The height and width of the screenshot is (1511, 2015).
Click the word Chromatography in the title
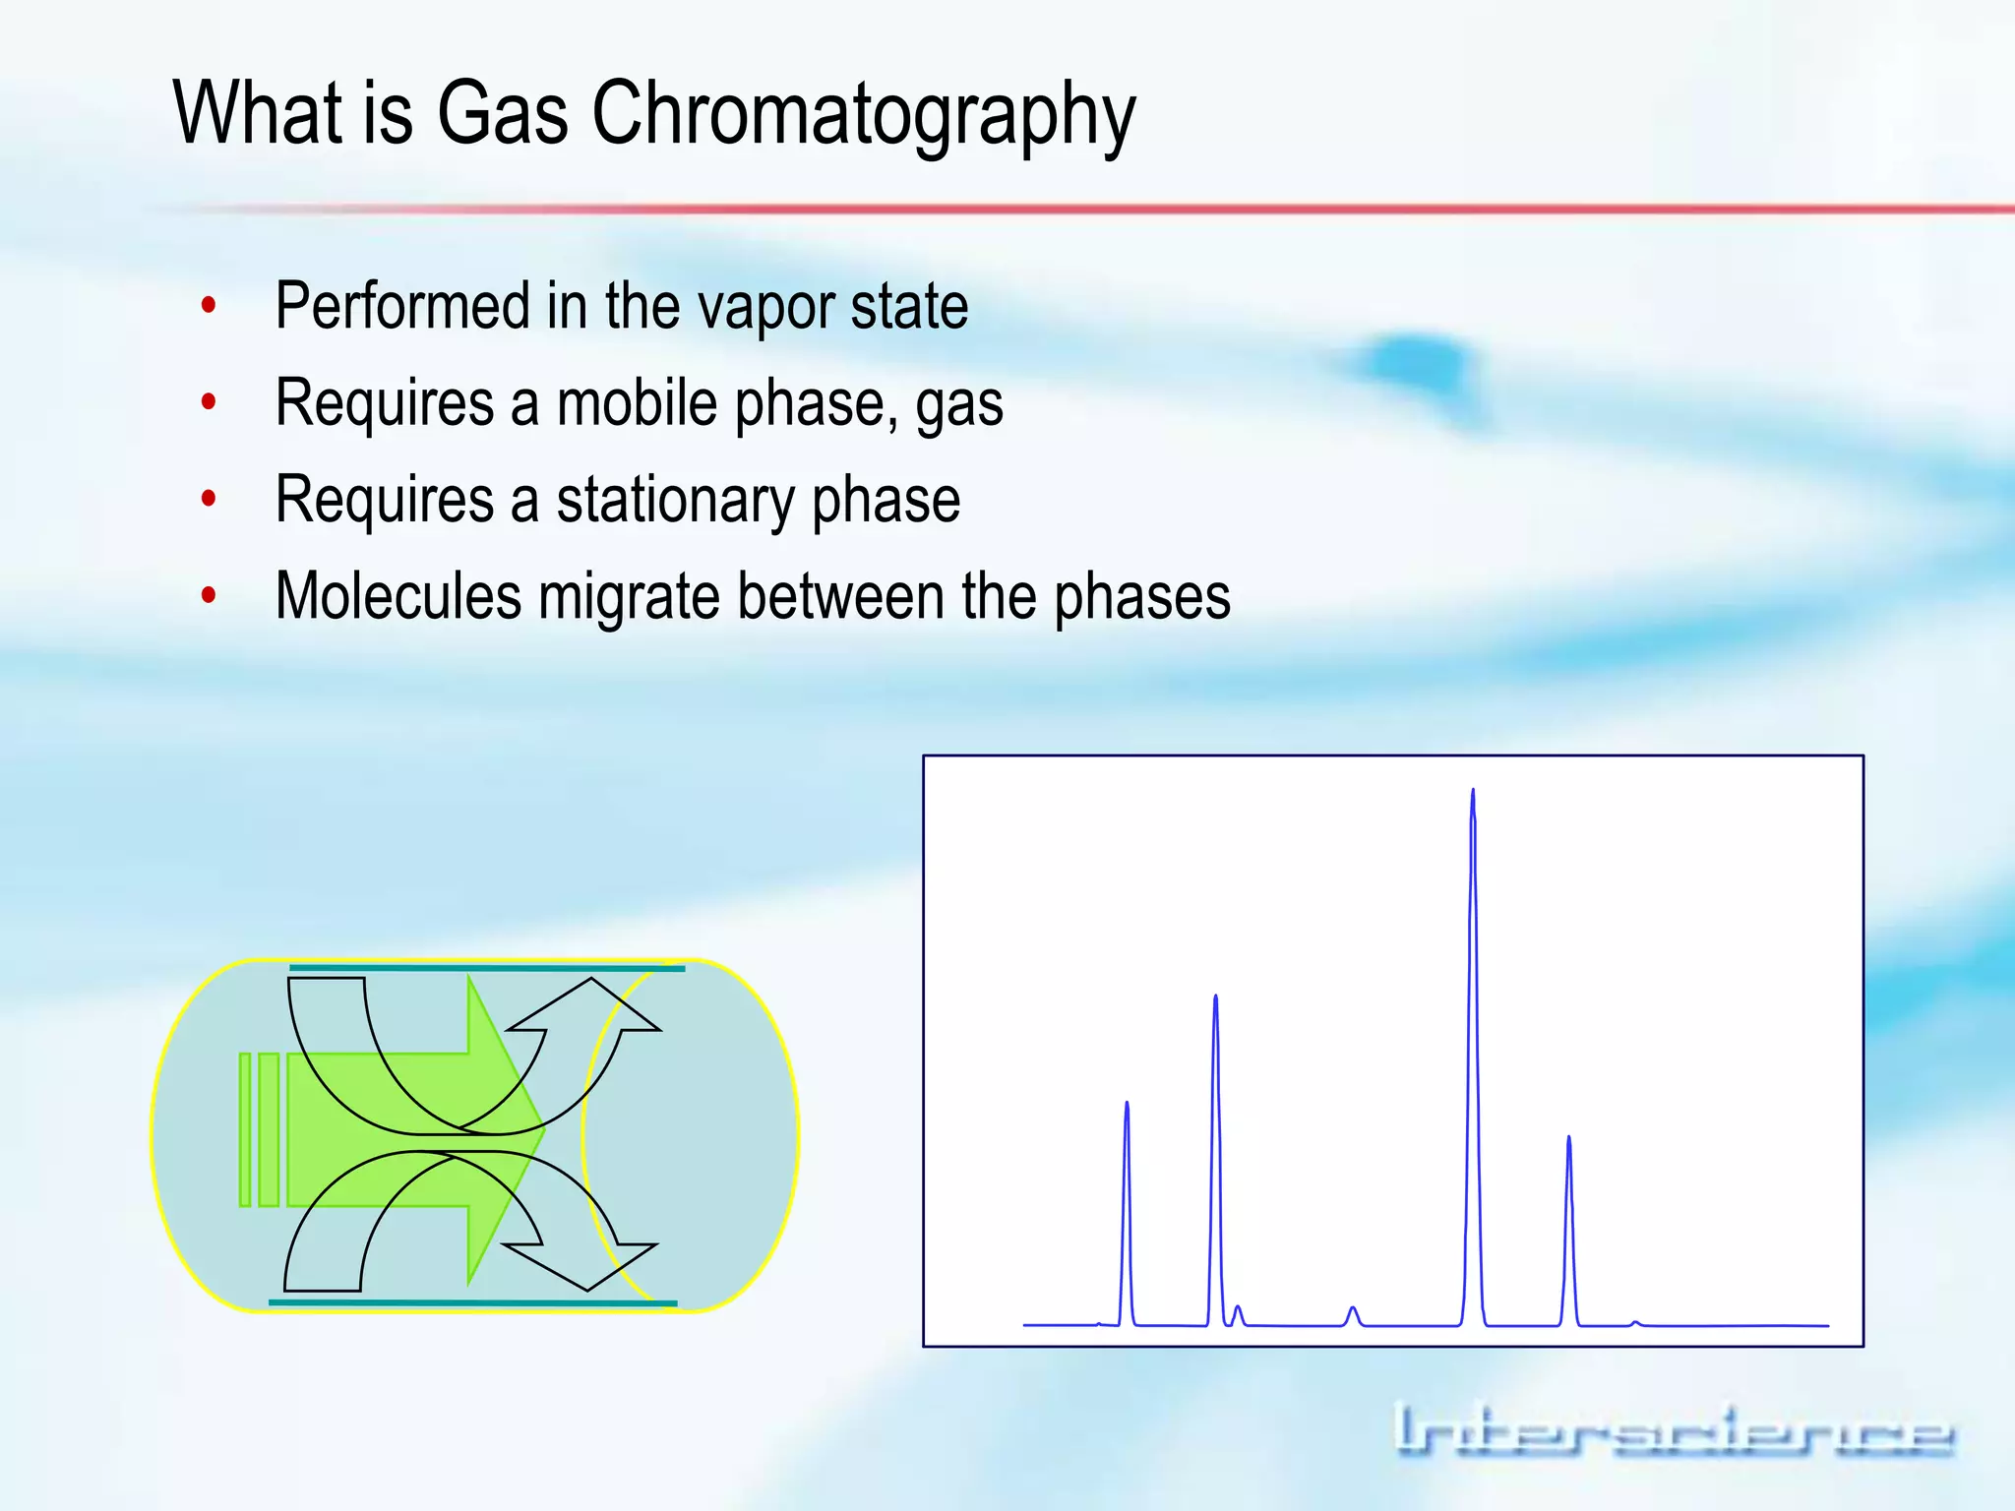coord(863,114)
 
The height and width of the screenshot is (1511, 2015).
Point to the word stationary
coord(675,500)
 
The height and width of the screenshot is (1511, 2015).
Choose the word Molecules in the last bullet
coord(397,596)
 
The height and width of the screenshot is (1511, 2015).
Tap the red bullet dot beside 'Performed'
coord(209,305)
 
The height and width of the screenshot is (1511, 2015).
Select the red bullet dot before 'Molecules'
coord(209,595)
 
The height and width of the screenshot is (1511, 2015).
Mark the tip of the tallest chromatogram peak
coord(1473,791)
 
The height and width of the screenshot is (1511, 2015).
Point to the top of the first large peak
coord(1127,1104)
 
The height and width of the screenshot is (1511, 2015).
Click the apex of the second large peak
coord(1216,997)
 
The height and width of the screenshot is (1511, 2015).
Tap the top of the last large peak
coord(1569,1138)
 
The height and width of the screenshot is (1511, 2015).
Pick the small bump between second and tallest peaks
coord(1354,1308)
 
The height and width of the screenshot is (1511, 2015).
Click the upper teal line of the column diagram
coord(487,968)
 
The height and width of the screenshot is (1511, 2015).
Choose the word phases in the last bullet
coord(1142,596)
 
